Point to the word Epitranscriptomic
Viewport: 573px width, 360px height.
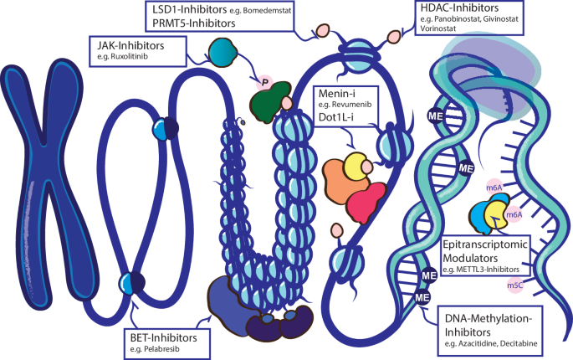coord(484,244)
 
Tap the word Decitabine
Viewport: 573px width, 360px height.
coord(526,345)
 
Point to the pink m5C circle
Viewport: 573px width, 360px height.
coord(516,286)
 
